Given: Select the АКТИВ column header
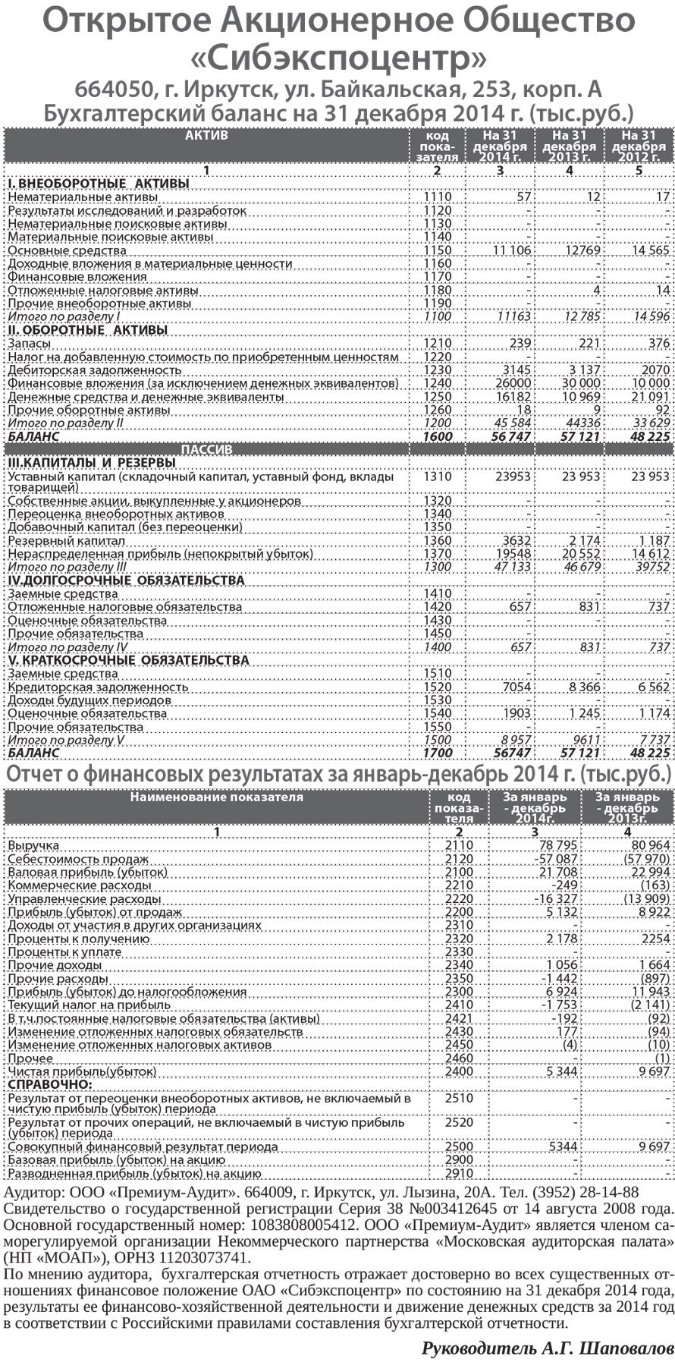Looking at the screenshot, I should coord(206,136).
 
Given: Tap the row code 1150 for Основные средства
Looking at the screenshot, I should coord(438,250).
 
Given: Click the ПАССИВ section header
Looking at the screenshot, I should coord(206,450).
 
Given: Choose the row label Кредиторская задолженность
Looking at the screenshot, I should coord(97,687).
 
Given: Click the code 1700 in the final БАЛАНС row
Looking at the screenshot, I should coord(438,753).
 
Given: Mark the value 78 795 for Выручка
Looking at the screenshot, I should coord(558,845).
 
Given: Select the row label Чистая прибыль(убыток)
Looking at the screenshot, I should coord(82,1072).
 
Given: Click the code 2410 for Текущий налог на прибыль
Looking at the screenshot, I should coord(459,1005).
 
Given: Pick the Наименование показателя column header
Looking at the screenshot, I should coord(216,797).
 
